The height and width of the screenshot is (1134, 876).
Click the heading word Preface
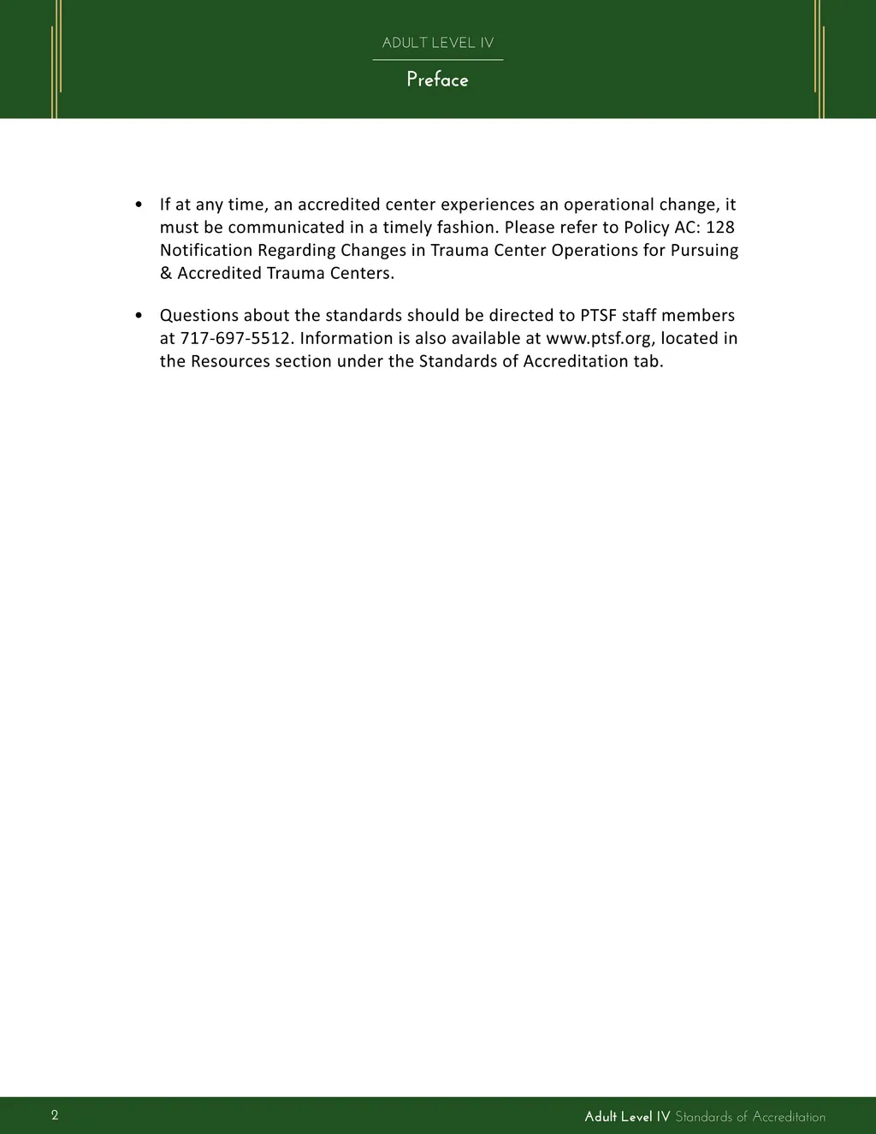(x=437, y=80)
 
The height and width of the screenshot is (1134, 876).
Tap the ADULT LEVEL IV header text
(x=437, y=43)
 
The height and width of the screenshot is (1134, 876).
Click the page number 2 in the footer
(x=55, y=1114)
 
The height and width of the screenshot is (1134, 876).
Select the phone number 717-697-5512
(x=235, y=339)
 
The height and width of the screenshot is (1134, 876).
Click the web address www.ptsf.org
(x=599, y=339)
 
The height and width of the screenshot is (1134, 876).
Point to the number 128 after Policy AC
(x=719, y=228)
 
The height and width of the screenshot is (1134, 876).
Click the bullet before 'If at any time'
(x=139, y=205)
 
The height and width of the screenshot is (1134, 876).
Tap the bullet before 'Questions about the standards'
(x=139, y=316)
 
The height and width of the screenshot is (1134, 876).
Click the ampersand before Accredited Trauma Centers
(x=166, y=274)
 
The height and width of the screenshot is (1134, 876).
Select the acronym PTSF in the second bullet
(x=598, y=316)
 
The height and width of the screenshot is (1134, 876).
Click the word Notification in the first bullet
(x=206, y=251)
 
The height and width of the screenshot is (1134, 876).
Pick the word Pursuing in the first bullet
(x=705, y=251)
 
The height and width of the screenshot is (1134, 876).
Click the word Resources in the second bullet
(x=230, y=361)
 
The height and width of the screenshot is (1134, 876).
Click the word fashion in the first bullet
(x=464, y=228)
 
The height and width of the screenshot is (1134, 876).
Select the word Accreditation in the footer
(x=789, y=1117)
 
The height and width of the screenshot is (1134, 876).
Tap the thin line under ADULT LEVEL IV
(x=437, y=60)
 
